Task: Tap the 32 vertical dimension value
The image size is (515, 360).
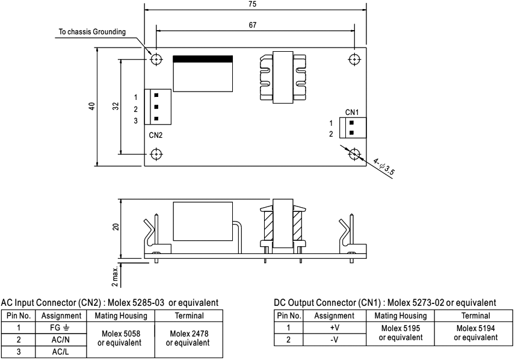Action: click(x=116, y=107)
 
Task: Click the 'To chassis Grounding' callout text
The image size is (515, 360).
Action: click(x=92, y=32)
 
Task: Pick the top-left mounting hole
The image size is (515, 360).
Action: click(x=156, y=59)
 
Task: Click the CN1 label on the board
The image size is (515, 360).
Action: click(x=352, y=112)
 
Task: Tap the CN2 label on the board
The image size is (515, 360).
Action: click(x=156, y=134)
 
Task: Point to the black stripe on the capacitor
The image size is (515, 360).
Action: click(x=202, y=59)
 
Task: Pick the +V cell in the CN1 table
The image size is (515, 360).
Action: click(x=328, y=328)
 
